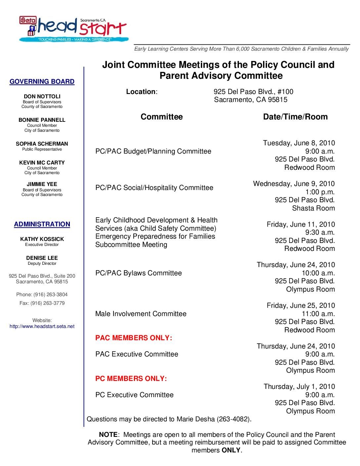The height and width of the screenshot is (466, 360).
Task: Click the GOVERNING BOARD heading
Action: click(42, 82)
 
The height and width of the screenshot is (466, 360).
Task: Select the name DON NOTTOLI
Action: click(42, 97)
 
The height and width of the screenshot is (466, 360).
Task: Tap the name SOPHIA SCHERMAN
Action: click(42, 144)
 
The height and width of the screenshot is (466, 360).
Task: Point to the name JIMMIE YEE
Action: click(42, 184)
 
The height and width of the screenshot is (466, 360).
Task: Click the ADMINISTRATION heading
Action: click(42, 224)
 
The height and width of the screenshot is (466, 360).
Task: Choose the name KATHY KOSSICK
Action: click(42, 239)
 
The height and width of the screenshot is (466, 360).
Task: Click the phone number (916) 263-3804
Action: click(50, 295)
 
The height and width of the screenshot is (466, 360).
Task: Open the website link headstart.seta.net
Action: click(42, 326)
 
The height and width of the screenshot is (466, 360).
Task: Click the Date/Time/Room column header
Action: click(295, 117)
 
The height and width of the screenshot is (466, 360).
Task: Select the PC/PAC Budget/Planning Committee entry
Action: click(153, 151)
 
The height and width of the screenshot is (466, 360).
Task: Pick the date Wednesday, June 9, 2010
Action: click(294, 184)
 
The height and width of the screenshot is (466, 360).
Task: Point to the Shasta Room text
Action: click(313, 208)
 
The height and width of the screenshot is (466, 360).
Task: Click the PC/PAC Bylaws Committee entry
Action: click(139, 273)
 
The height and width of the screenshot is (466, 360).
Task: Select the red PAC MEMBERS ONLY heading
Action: click(134, 338)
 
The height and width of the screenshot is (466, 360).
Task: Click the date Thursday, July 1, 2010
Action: click(299, 387)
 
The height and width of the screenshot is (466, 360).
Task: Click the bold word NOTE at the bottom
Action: click(108, 435)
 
